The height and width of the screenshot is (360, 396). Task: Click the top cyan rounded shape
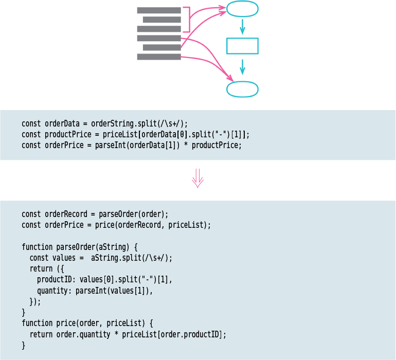[x=242, y=9]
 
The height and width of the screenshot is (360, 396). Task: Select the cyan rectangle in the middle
[x=242, y=46]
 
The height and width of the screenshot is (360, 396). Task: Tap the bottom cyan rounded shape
[x=242, y=89]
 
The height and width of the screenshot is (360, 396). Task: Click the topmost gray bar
[x=159, y=10]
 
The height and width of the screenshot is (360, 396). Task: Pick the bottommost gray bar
[x=159, y=57]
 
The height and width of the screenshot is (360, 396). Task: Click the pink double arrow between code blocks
[x=198, y=180]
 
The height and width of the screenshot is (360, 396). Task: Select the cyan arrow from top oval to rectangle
[x=242, y=27]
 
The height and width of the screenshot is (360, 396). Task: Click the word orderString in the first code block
[x=112, y=123]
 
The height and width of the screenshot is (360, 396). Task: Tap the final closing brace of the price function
[x=23, y=345]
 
